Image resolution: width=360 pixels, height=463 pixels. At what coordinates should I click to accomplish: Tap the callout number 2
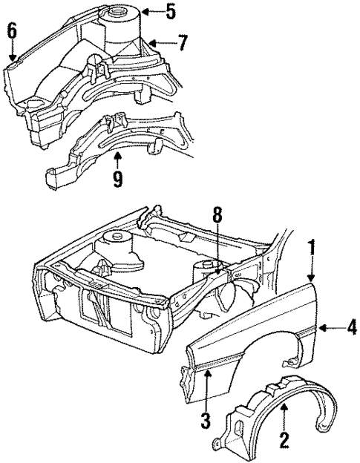282,441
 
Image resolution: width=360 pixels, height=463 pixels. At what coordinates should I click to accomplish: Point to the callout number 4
351,327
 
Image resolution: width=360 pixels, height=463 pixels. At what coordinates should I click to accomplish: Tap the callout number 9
117,180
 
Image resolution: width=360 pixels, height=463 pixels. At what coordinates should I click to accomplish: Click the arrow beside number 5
151,12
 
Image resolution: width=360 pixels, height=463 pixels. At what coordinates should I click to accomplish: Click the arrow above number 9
117,160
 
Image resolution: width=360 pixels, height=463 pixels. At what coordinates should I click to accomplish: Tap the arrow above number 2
282,419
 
